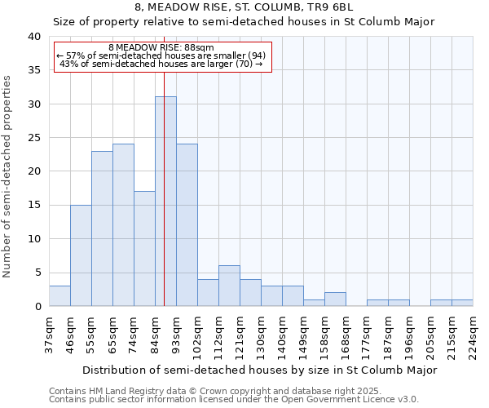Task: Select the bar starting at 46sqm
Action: (81, 255)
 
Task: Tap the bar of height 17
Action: (144, 249)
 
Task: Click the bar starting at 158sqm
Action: (335, 299)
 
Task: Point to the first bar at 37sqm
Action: (59, 296)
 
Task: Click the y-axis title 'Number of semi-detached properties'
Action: (7, 176)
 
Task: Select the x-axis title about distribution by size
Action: (260, 370)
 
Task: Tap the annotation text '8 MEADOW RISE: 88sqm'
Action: (161, 48)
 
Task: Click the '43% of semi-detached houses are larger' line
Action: (161, 64)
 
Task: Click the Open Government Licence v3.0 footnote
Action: (234, 400)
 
